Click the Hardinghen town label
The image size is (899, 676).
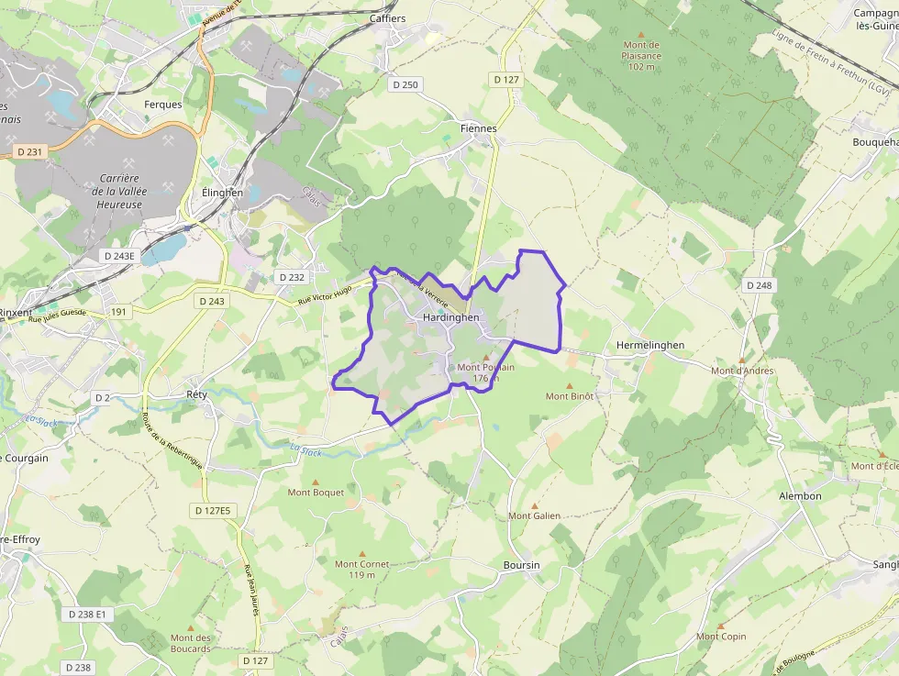[451, 317]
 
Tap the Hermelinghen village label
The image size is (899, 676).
[650, 345]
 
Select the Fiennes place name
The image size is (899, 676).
[478, 128]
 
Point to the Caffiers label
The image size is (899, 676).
[387, 18]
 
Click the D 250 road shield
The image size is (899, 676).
[404, 85]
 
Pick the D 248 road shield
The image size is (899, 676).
[760, 285]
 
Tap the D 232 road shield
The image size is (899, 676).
[290, 277]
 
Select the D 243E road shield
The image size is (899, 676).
[119, 256]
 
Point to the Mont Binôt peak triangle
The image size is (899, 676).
[570, 386]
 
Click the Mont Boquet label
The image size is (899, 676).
[316, 493]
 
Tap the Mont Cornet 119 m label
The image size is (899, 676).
[361, 570]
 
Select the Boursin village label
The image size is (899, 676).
[521, 565]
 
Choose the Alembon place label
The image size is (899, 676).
[800, 496]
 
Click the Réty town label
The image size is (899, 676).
[196, 394]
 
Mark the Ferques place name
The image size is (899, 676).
[163, 105]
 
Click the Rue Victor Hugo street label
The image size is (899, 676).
[325, 294]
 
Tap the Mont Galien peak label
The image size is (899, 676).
[535, 515]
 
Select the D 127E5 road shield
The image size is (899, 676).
[215, 510]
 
